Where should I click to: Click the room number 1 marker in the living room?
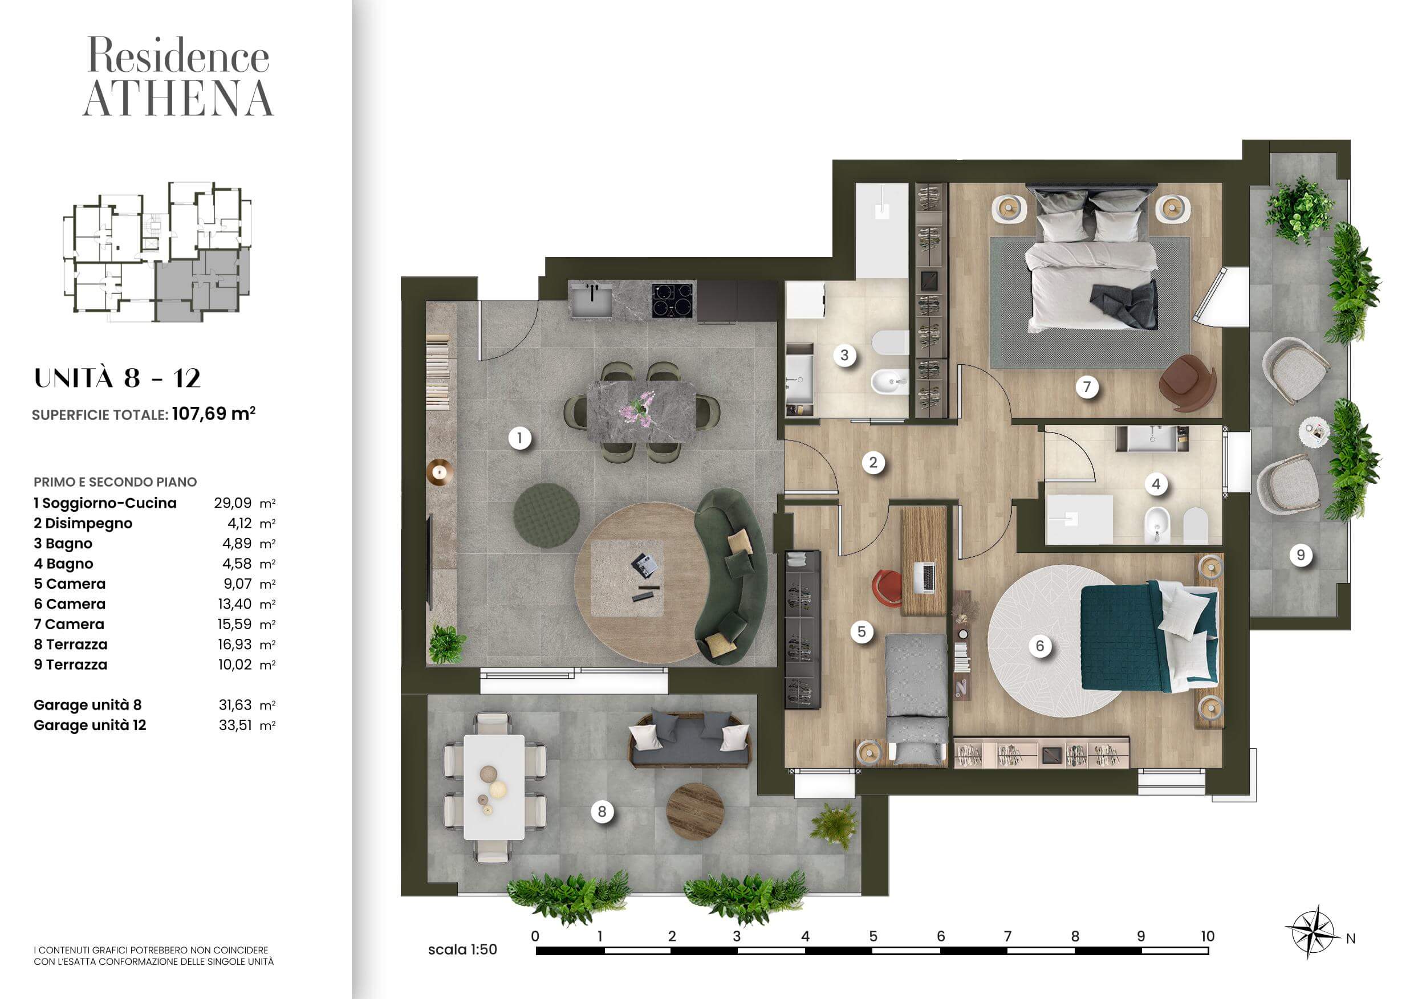(520, 438)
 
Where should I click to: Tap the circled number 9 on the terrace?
(1300, 555)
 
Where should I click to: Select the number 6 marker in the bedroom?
(1040, 646)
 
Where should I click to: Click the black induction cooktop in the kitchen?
(673, 300)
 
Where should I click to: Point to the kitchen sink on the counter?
(591, 300)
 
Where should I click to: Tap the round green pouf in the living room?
(546, 515)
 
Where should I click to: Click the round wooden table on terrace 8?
(695, 810)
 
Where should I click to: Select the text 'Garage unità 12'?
(90, 725)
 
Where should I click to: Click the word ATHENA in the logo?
(178, 99)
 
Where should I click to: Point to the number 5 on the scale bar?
(873, 936)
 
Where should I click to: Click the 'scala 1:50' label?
(462, 949)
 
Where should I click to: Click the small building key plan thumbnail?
(157, 252)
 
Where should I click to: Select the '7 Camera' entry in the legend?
(69, 624)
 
